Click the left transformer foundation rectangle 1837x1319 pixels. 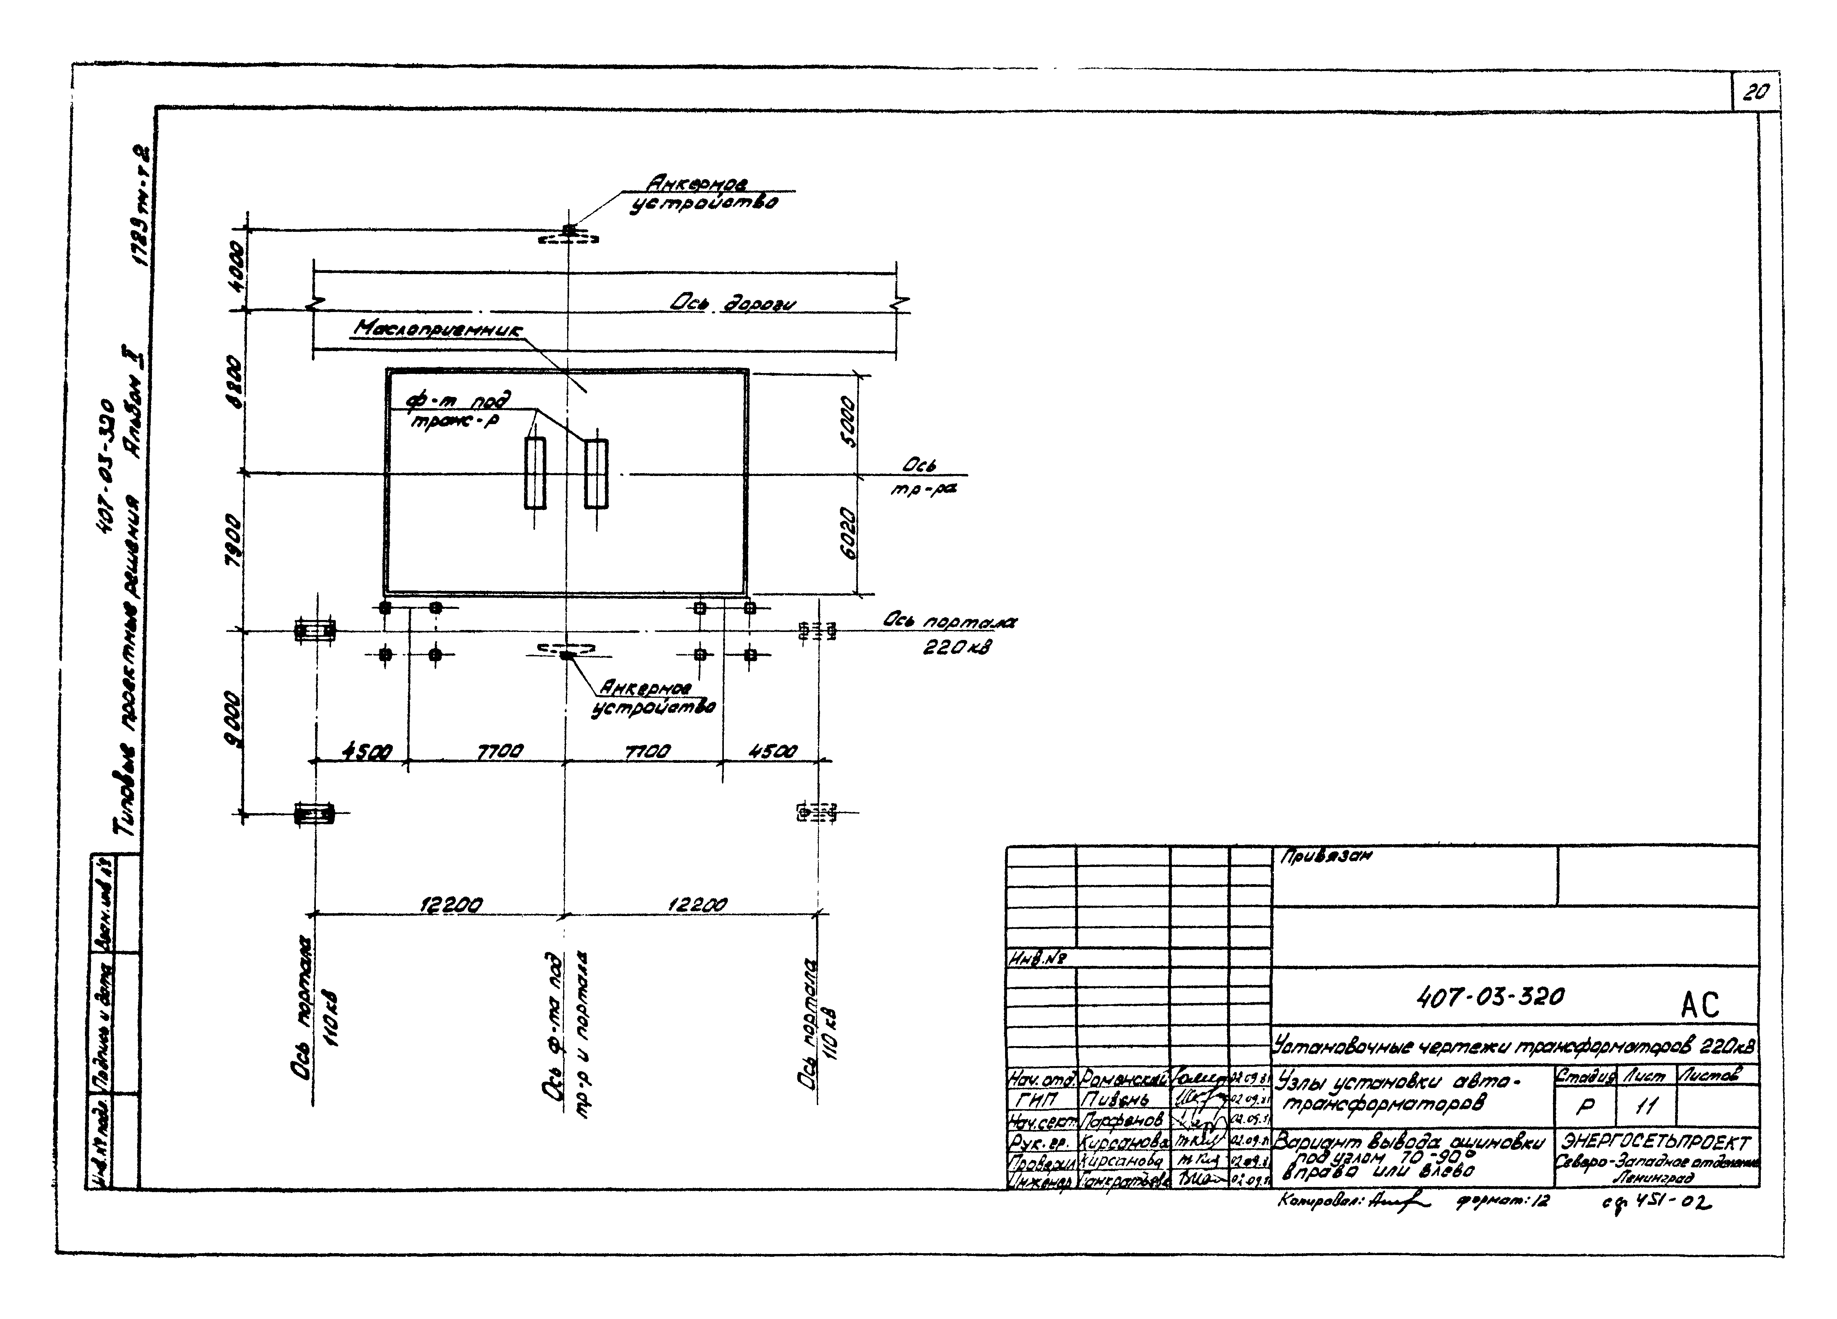point(534,473)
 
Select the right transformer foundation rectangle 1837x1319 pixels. point(596,473)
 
